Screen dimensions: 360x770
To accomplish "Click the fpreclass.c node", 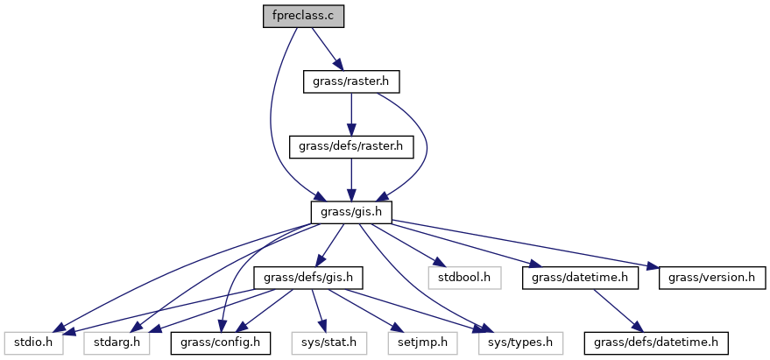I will [x=303, y=17].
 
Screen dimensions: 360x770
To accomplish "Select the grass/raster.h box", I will [x=350, y=82].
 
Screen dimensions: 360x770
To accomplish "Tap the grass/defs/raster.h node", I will [x=350, y=147].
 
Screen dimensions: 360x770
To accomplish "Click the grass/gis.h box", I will [x=350, y=213].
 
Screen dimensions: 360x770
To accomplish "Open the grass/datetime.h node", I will [x=575, y=278].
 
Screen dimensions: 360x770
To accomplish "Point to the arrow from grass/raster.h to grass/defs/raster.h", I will [x=350, y=115].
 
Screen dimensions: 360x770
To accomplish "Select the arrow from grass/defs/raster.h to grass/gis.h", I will [x=350, y=180].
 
